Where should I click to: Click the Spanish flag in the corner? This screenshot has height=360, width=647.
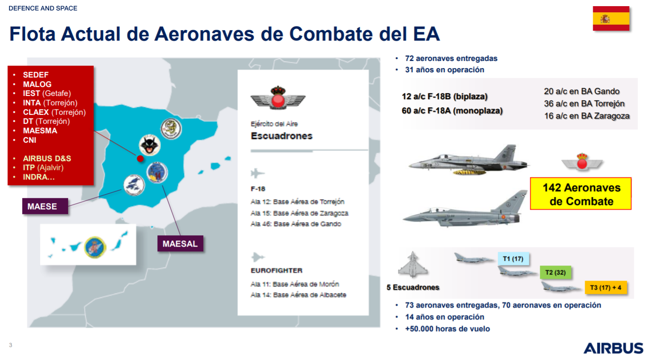(611, 18)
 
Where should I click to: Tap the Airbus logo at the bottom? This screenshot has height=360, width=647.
(613, 348)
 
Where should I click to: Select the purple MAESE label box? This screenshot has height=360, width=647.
(45, 206)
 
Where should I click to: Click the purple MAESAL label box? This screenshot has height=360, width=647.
(180, 243)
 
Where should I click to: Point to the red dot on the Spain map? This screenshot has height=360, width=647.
(140, 158)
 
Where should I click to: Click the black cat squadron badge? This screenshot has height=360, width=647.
(150, 145)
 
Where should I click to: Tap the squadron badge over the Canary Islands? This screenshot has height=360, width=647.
(95, 247)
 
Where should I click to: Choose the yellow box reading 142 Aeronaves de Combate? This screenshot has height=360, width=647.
(581, 193)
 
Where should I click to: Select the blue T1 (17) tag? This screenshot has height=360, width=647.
(513, 259)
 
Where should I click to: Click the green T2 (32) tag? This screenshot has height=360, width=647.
(555, 272)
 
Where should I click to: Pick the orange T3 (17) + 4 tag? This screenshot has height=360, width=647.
(606, 288)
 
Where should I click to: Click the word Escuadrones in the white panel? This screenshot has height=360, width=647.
(282, 136)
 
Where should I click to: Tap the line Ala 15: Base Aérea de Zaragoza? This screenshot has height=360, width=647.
(299, 213)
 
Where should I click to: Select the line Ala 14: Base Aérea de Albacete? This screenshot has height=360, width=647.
(298, 295)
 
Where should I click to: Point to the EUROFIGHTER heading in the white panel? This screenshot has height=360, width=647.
(276, 271)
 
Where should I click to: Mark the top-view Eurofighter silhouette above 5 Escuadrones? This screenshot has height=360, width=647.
(413, 265)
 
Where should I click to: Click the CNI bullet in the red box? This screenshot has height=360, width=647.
(29, 140)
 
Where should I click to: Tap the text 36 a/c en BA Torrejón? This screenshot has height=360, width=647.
(584, 103)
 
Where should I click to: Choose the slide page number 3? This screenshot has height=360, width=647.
(11, 345)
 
